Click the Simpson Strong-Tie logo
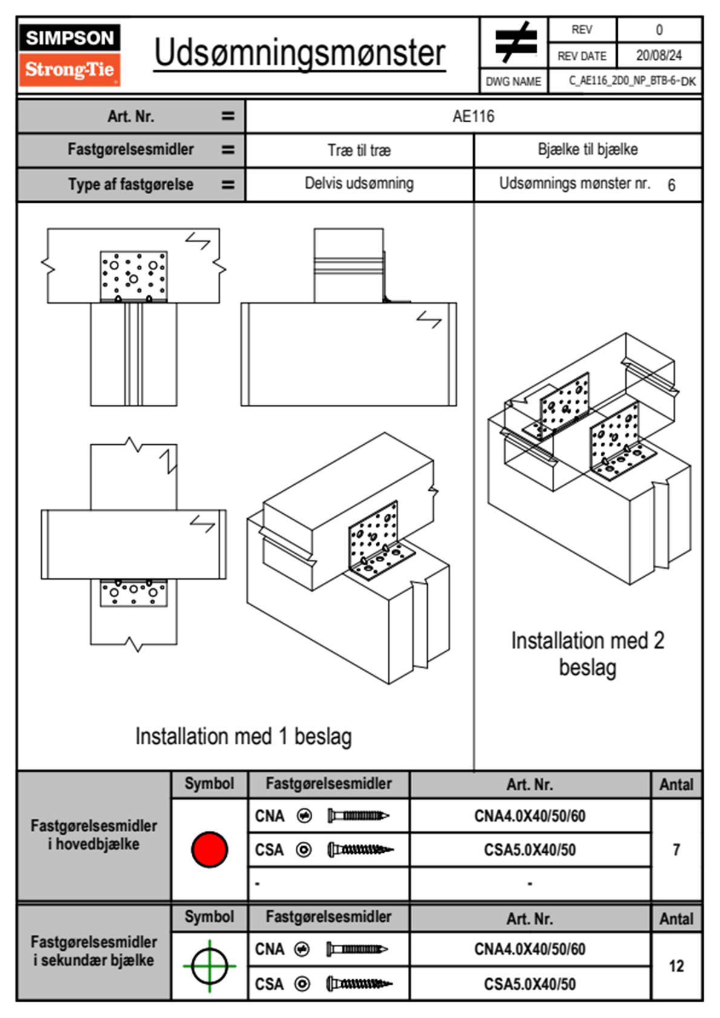70,55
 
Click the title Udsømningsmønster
299,53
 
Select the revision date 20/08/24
658,56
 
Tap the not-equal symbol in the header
515,42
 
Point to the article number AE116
473,116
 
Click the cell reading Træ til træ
359,150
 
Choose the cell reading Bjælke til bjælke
587,149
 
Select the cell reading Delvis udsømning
359,183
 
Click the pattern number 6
671,185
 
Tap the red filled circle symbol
209,849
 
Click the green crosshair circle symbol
209,966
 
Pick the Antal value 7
676,850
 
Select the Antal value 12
676,966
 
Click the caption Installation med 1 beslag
243,737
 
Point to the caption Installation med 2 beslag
587,654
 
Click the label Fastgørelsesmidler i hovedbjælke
94,835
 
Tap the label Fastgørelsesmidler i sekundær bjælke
94,951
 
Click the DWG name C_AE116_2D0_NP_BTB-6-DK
632,81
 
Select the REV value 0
659,30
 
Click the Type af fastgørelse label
131,185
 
